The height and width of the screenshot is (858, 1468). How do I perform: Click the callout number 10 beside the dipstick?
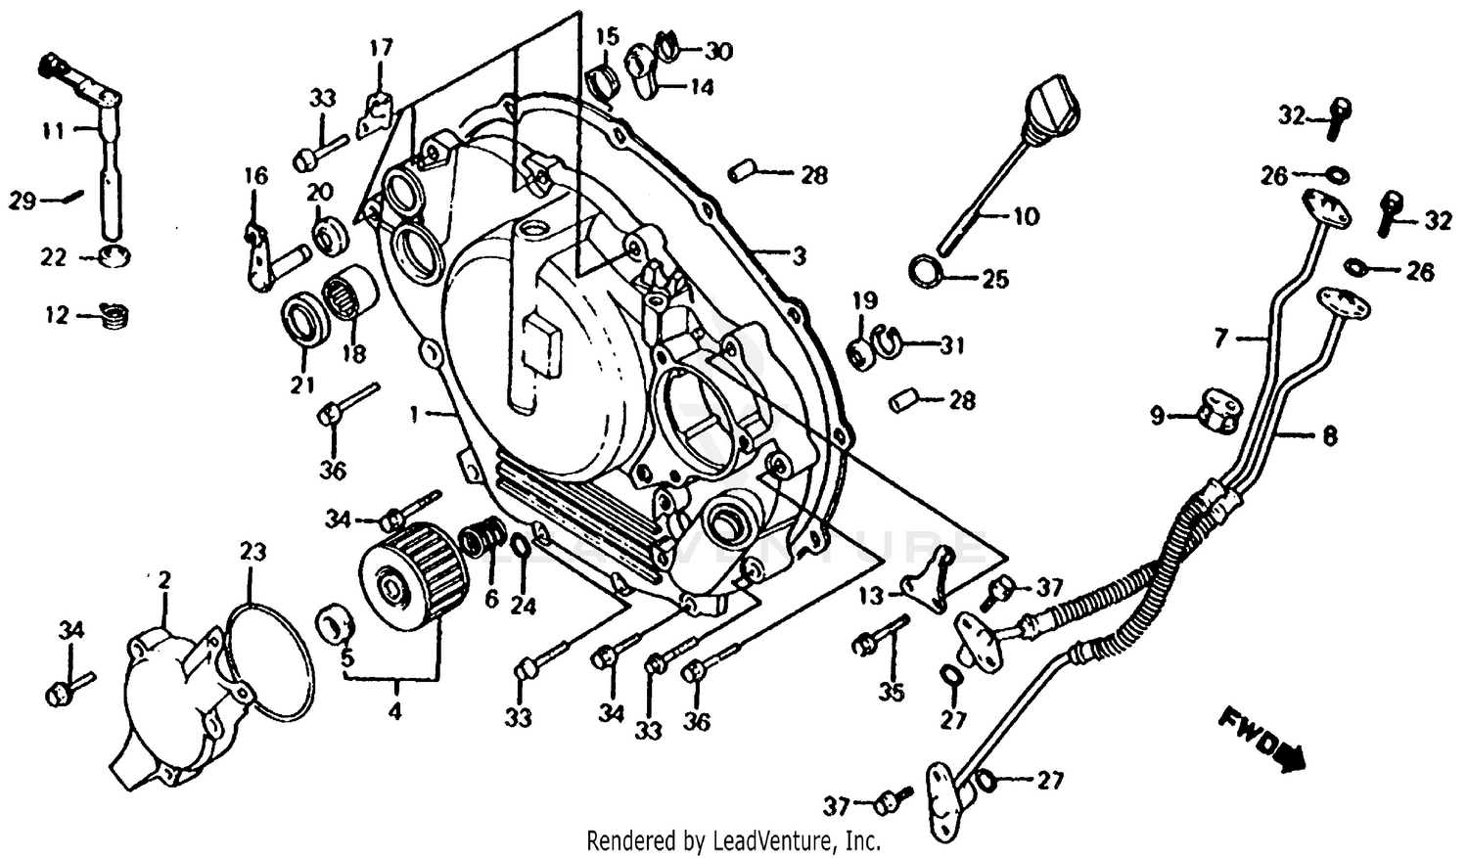click(1026, 215)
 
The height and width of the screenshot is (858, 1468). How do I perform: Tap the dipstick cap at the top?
click(1049, 106)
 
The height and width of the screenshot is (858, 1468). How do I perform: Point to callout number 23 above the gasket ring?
click(252, 552)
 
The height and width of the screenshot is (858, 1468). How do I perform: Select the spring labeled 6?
click(485, 537)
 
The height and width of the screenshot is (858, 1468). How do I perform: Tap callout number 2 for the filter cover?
click(164, 581)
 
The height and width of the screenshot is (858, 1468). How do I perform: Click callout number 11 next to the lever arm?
click(53, 129)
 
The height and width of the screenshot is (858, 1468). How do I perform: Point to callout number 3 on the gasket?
click(799, 256)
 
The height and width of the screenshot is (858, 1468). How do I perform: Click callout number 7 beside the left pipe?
click(1220, 339)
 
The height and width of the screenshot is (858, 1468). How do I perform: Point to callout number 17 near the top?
click(381, 47)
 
